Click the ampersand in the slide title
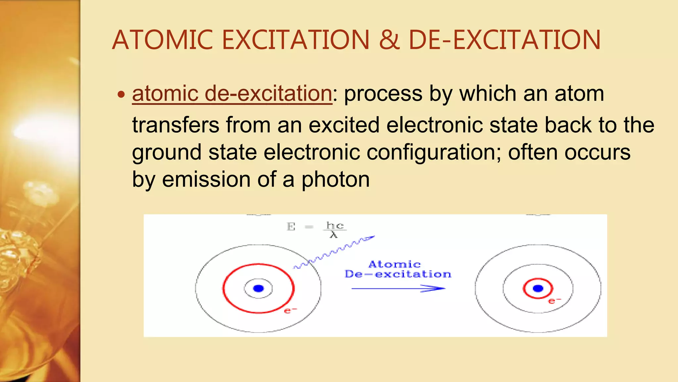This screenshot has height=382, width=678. pyautogui.click(x=389, y=40)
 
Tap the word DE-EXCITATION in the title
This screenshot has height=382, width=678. pyautogui.click(x=505, y=40)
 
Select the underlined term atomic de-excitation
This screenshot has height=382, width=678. pyautogui.click(x=232, y=94)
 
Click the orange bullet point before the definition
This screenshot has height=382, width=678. pyautogui.click(x=121, y=95)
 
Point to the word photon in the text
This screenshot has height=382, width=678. pyautogui.click(x=335, y=180)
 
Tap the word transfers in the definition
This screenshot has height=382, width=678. pyautogui.click(x=175, y=125)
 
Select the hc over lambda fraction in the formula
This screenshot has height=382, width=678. pyautogui.click(x=335, y=230)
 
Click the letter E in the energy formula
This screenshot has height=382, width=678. pyautogui.click(x=291, y=227)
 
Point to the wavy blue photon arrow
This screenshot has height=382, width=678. pyautogui.click(x=334, y=252)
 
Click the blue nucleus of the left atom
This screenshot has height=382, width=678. pyautogui.click(x=258, y=288)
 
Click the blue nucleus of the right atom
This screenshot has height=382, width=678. pyautogui.click(x=538, y=288)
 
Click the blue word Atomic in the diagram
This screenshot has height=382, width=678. pyautogui.click(x=394, y=265)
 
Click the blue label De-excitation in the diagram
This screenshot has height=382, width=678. pyautogui.click(x=398, y=274)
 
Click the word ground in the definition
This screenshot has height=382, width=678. pyautogui.click(x=167, y=153)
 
